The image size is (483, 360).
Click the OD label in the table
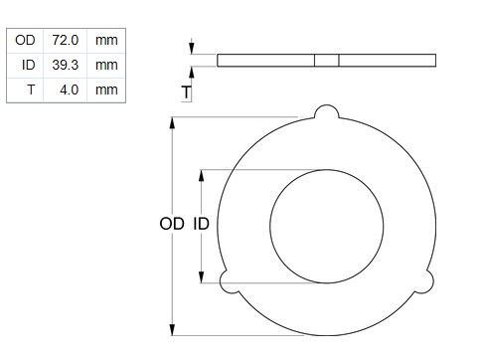click(25, 40)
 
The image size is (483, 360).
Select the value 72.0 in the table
click(66, 40)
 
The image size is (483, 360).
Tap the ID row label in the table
click(29, 65)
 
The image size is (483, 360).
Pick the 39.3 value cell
click(66, 65)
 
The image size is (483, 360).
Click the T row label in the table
click(31, 90)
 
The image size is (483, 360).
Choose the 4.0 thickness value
click(70, 90)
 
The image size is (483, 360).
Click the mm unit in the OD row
click(106, 41)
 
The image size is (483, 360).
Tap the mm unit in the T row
click(106, 90)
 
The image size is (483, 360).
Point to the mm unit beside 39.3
click(106, 66)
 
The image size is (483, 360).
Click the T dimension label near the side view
click(187, 92)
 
